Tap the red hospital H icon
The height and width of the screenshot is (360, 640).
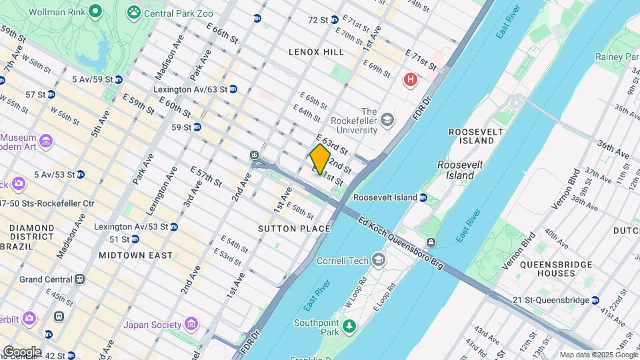pyautogui.click(x=411, y=80)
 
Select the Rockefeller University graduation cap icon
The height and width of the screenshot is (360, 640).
pyautogui.click(x=387, y=120)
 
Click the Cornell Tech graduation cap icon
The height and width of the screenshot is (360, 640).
pyautogui.click(x=379, y=259)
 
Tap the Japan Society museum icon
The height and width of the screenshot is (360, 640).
pyautogui.click(x=191, y=325)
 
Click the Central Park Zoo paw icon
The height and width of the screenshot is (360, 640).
pyautogui.click(x=135, y=11)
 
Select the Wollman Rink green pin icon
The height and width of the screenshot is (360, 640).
pyautogui.click(x=95, y=11)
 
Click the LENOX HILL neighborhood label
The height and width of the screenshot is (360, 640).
pyautogui.click(x=316, y=51)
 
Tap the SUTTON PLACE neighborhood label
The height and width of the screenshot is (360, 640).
pyautogui.click(x=294, y=229)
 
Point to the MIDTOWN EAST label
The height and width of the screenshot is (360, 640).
pyautogui.click(x=135, y=255)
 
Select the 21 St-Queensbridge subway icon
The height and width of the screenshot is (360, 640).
pyautogui.click(x=595, y=300)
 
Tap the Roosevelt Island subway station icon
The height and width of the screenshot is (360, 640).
pyautogui.click(x=423, y=197)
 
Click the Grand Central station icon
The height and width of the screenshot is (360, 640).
pyautogui.click(x=80, y=279)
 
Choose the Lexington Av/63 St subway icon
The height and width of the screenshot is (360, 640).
pyautogui.click(x=233, y=89)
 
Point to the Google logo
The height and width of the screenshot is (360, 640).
pyautogui.click(x=22, y=351)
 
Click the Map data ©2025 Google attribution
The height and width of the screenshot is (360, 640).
pyautogui.click(x=598, y=355)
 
